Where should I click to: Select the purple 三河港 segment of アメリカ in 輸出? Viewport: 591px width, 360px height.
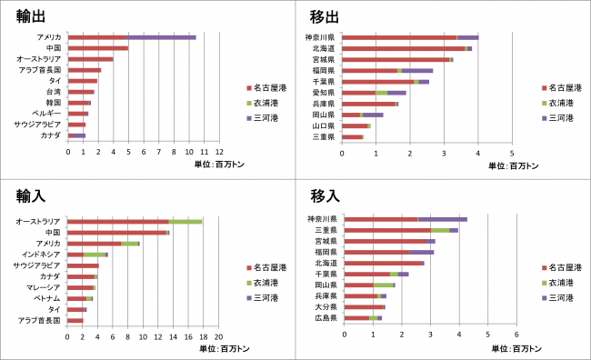(x=161, y=37)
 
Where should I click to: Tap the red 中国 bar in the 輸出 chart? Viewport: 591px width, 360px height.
(x=98, y=48)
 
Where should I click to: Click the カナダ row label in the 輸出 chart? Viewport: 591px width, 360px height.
(x=51, y=135)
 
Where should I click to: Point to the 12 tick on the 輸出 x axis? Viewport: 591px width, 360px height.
(x=219, y=152)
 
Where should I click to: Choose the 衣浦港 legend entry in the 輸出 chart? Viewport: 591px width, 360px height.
(x=270, y=104)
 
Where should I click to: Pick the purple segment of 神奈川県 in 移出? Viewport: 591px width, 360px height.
(x=467, y=37)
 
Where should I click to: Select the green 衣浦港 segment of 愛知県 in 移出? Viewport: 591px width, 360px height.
(x=382, y=93)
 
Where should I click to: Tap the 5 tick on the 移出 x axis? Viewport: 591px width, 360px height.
(x=512, y=152)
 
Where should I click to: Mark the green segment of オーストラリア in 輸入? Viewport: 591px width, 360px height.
(x=185, y=221)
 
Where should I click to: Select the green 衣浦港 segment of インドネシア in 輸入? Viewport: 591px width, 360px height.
(x=95, y=255)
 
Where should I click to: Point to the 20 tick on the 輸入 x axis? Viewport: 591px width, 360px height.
(x=219, y=335)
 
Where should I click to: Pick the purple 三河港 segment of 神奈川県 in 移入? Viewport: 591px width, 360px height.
(x=442, y=219)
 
